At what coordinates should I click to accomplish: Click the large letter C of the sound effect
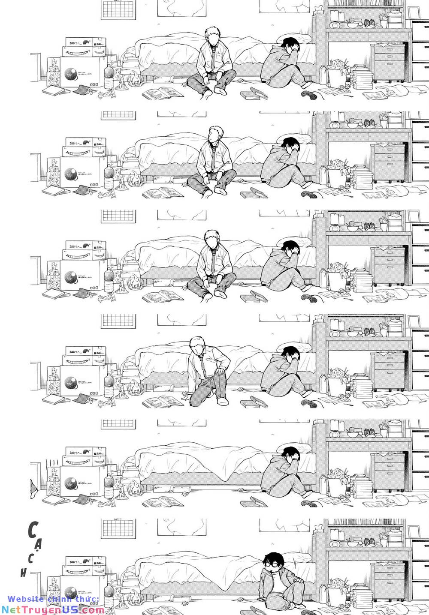[31, 531]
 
